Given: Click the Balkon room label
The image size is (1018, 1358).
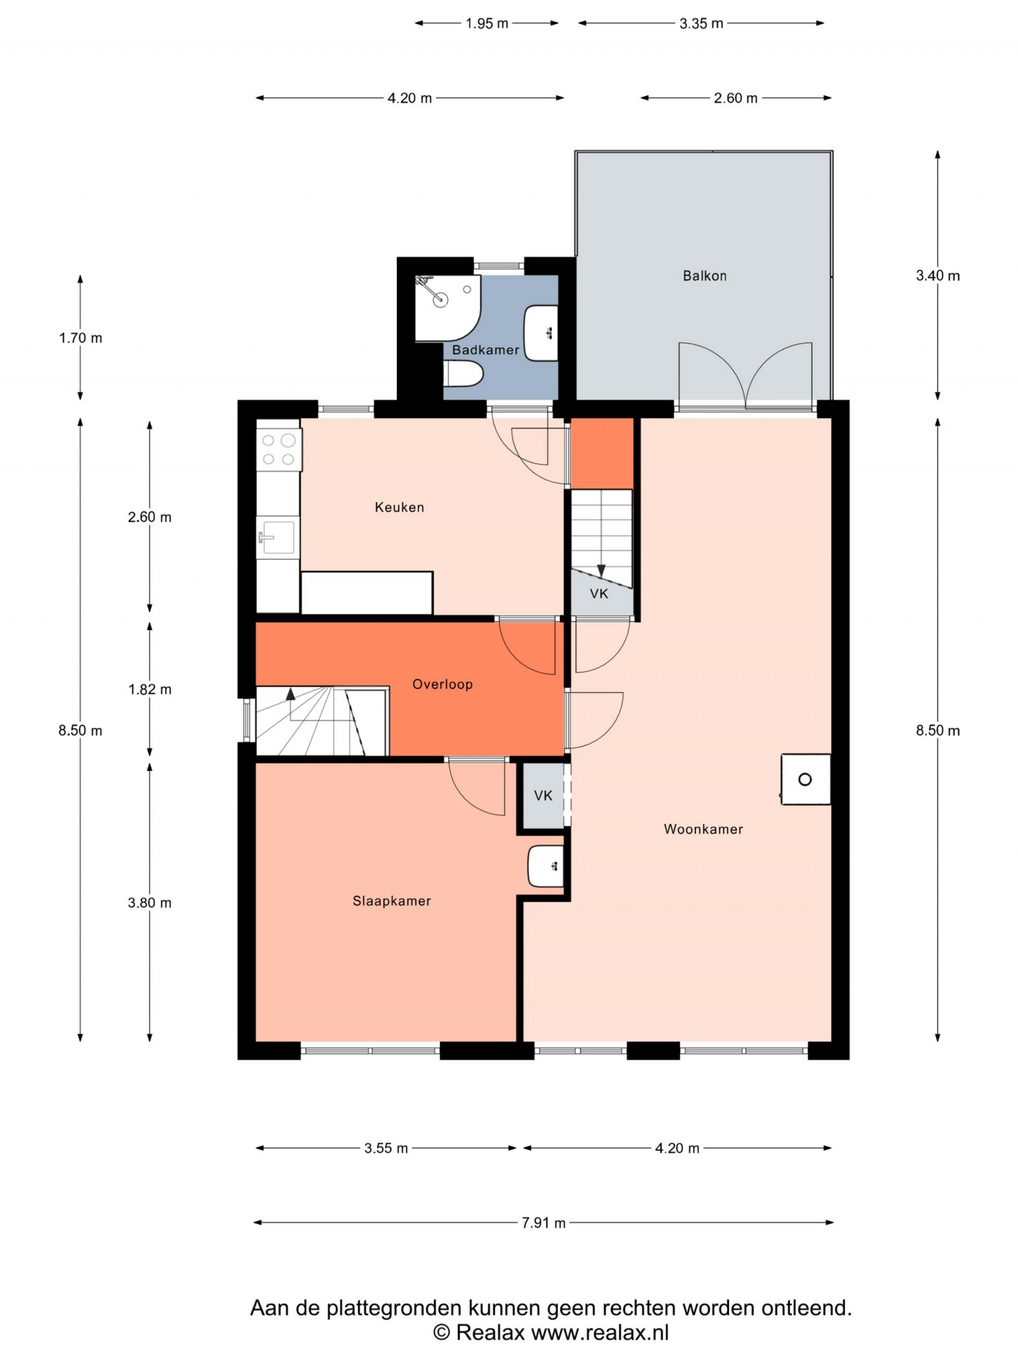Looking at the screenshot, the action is click(x=704, y=276).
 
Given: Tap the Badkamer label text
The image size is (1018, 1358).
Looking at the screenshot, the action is click(x=485, y=349).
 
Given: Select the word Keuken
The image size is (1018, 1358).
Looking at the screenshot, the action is click(x=399, y=507).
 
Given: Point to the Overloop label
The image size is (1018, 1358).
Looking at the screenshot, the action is click(x=442, y=684).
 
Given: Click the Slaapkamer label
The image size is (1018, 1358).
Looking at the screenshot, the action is click(x=392, y=900).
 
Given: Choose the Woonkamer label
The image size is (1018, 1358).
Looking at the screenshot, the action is click(x=703, y=829).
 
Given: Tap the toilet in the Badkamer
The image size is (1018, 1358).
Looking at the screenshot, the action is click(x=463, y=374).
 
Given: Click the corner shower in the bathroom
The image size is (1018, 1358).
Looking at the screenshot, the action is click(x=447, y=308).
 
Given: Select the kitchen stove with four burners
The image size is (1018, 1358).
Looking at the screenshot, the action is click(x=279, y=449).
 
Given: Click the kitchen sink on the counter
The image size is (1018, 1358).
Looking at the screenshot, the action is click(x=278, y=536).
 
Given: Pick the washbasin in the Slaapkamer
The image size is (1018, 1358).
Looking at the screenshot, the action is click(x=546, y=866).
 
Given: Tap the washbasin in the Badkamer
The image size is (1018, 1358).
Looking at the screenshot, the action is click(x=541, y=333).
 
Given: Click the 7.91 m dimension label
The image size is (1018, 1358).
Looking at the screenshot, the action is click(x=543, y=1222).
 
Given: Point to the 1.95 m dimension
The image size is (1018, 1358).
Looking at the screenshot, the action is click(x=487, y=24).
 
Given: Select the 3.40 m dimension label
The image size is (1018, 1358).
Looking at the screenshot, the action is click(x=938, y=276).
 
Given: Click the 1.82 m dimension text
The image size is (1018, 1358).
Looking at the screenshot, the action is click(x=150, y=689).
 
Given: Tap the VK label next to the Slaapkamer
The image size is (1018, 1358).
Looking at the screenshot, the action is click(x=543, y=795).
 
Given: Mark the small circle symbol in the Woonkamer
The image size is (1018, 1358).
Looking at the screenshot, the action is click(x=805, y=779).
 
